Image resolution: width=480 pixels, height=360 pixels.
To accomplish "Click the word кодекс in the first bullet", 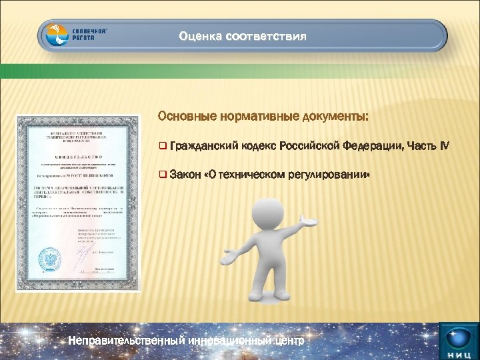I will point(256,146).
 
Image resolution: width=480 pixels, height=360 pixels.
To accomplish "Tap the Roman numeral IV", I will point(445,146).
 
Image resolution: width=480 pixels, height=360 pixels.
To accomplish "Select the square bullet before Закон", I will point(163,175).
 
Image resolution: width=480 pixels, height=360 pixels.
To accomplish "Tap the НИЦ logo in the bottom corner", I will point(459,340).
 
